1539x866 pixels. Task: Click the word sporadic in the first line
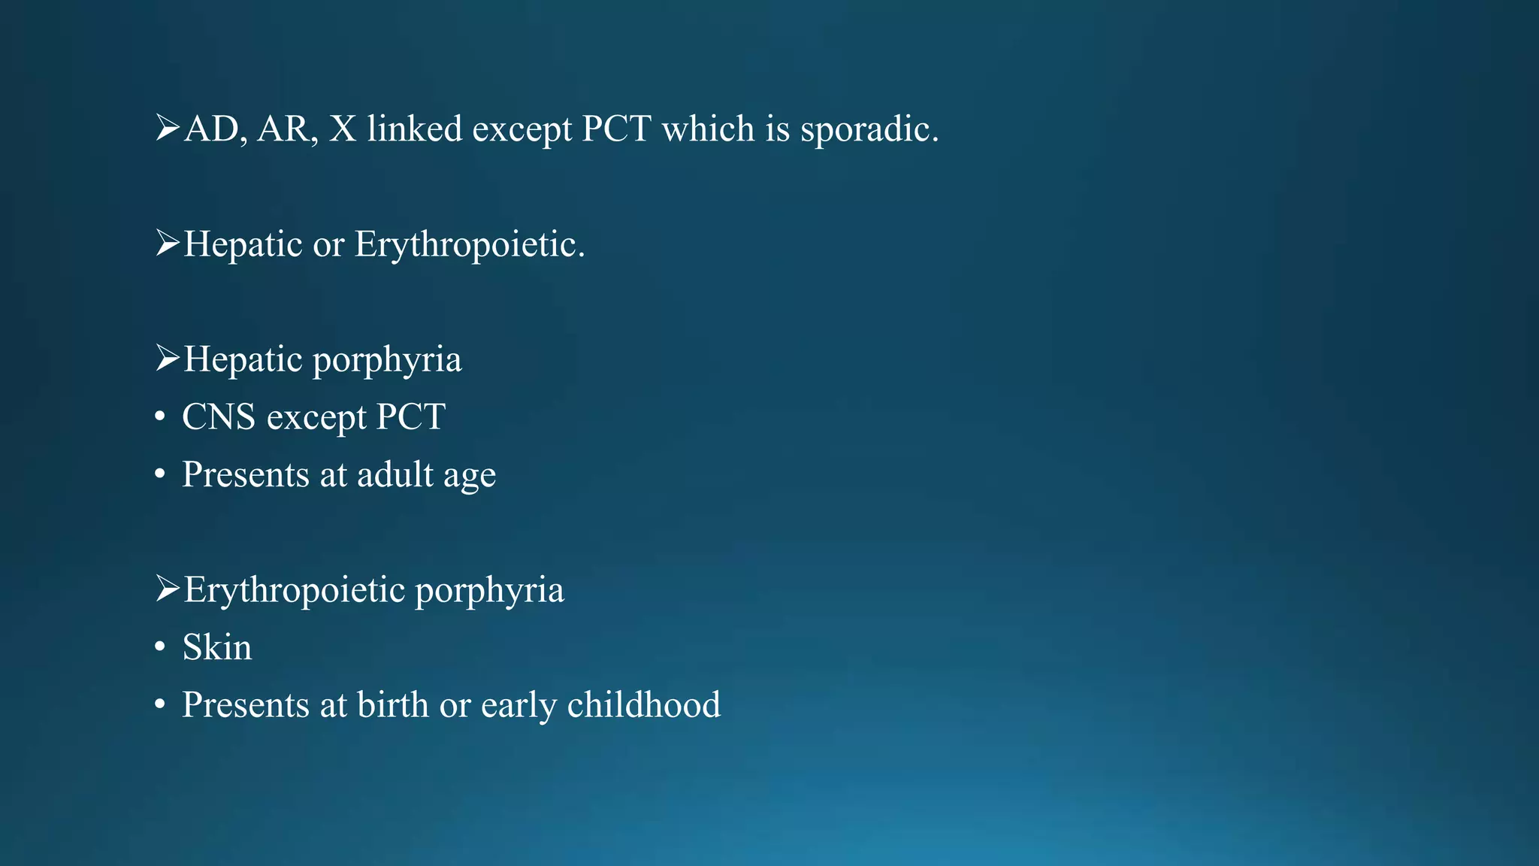click(869, 129)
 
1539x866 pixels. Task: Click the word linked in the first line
click(414, 129)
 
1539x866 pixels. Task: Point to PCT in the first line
click(616, 129)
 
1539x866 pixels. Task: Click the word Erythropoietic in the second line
click(469, 245)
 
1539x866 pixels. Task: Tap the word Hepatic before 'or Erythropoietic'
click(243, 245)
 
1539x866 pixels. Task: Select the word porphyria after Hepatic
click(387, 360)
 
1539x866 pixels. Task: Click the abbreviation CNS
click(219, 417)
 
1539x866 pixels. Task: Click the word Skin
click(217, 647)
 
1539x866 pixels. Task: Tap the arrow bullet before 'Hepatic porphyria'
click(167, 358)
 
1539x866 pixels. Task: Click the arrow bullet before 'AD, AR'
click(167, 128)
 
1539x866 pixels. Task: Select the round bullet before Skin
click(159, 648)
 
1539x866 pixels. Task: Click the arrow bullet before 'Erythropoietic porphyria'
click(167, 589)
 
